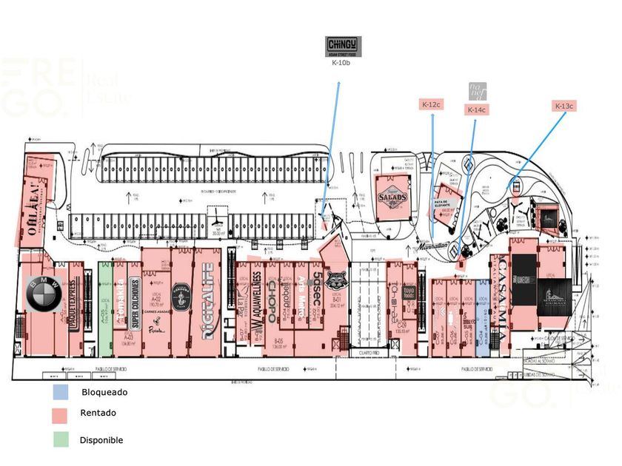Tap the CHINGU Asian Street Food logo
click(344, 46)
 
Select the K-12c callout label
click(431, 105)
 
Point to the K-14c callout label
click(476, 110)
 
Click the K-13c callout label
click(564, 107)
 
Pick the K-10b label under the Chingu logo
click(341, 63)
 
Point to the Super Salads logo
click(392, 197)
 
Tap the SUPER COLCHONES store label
click(136, 302)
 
